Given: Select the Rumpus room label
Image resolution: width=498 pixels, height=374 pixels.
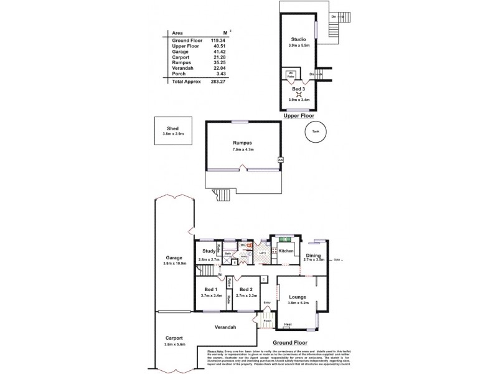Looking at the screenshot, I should tap(243, 143).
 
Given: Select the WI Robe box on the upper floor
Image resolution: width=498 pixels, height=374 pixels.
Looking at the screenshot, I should tap(290, 75).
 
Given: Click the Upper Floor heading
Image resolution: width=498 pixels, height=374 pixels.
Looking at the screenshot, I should tap(298, 116).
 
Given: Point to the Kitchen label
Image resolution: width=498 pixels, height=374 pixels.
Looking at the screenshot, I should tap(286, 251).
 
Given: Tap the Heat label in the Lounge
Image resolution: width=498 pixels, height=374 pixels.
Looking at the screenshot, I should tap(288, 324).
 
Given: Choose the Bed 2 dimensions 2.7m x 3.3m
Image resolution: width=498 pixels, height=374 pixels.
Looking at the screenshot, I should tap(247, 295).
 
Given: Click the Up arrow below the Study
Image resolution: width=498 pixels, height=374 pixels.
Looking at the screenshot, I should tap(220, 274).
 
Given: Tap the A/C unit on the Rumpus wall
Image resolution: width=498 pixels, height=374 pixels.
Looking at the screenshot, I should tap(280, 160).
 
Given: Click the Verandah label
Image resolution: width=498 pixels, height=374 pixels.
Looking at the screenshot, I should tap(225, 327).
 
